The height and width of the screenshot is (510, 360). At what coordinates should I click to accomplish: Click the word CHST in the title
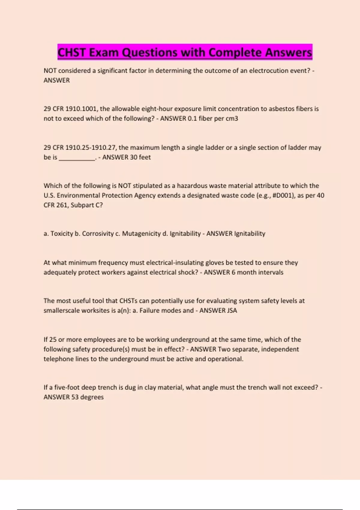[71, 52]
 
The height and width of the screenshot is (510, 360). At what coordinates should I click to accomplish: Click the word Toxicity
[62, 234]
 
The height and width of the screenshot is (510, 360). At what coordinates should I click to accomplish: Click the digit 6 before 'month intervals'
[233, 272]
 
